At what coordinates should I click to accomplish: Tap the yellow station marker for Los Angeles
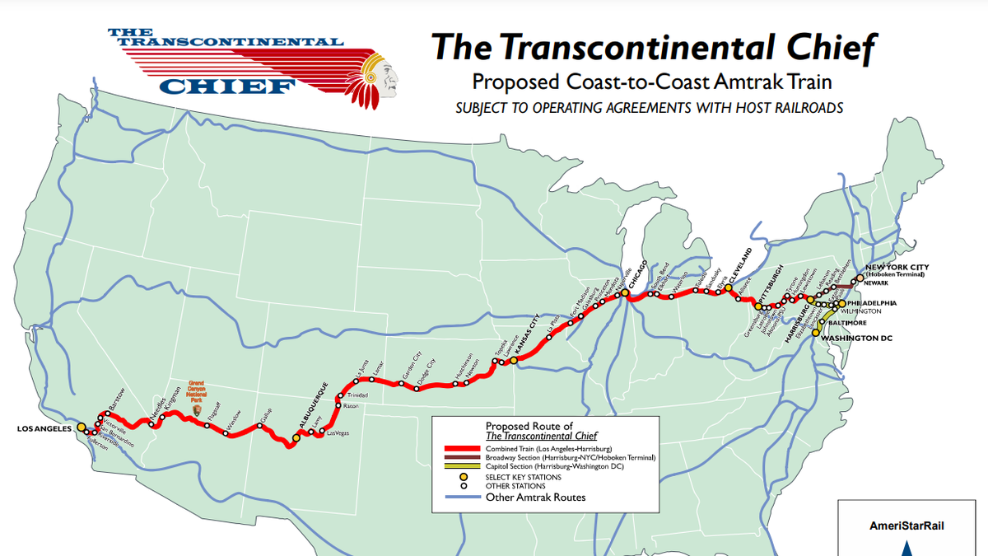82,428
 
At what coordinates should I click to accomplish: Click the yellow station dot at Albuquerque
296,438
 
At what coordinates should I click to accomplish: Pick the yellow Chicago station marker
626,292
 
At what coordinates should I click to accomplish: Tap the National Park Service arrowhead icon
196,409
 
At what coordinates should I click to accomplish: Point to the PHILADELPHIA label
874,303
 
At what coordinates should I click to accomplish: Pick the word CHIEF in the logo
227,85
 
